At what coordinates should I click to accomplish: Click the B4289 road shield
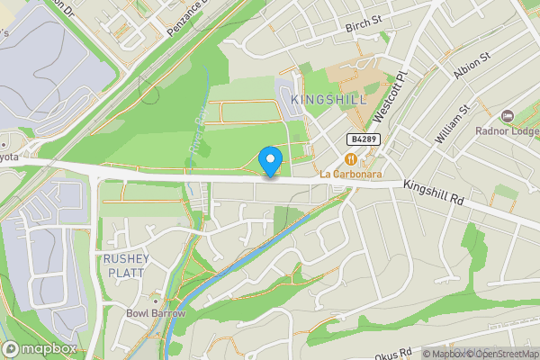(362, 139)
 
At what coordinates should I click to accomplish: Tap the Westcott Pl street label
(389, 96)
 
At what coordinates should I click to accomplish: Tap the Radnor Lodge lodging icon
(508, 116)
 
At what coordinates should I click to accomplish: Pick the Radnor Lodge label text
(508, 130)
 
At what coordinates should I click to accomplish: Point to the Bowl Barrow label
(156, 314)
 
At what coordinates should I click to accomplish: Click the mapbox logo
(40, 349)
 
